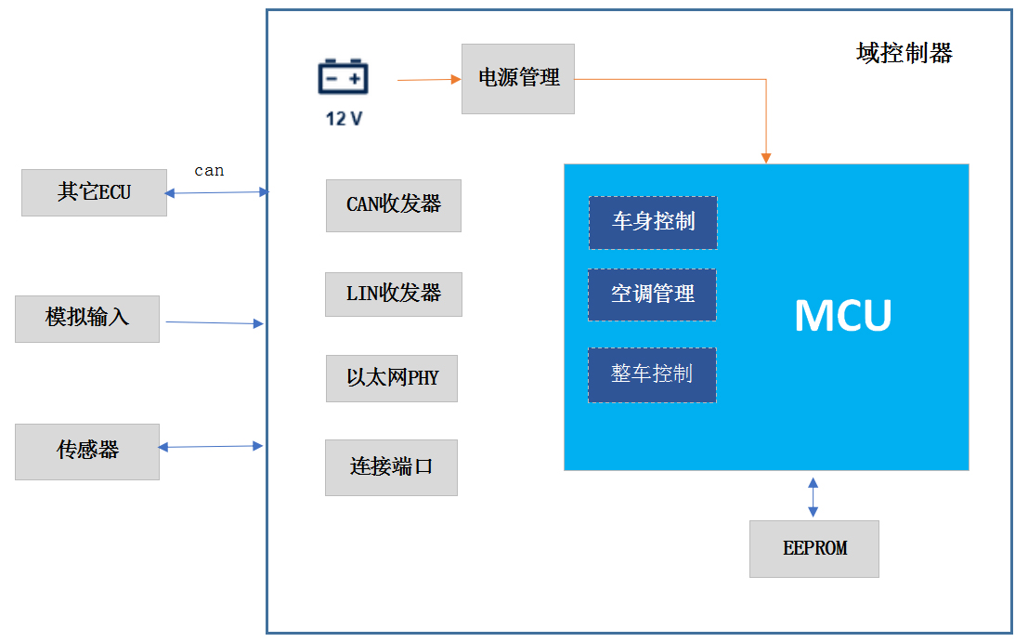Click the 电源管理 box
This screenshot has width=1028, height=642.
click(x=518, y=79)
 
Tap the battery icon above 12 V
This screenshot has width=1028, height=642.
click(x=344, y=77)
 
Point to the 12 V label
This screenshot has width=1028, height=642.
click(x=344, y=119)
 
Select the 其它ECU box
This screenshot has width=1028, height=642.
click(x=94, y=192)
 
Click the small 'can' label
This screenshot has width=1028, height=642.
click(x=209, y=171)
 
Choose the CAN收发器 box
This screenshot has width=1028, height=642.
click(x=393, y=205)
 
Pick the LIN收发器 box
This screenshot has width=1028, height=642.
click(x=393, y=295)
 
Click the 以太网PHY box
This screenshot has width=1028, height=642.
click(x=392, y=378)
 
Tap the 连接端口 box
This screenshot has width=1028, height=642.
click(x=391, y=467)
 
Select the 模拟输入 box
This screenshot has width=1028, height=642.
click(x=87, y=319)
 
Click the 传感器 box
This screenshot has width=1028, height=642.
click(x=87, y=452)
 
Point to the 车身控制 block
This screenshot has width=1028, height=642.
click(x=653, y=223)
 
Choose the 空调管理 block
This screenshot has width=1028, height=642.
click(x=652, y=295)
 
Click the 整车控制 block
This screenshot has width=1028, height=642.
click(x=652, y=374)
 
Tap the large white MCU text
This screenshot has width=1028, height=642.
click(x=842, y=316)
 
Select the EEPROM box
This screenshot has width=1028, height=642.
click(x=814, y=549)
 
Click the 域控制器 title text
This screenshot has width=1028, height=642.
click(x=904, y=54)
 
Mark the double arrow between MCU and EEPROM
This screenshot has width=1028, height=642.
click(x=813, y=496)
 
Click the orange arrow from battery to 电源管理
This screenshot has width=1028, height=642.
click(x=429, y=80)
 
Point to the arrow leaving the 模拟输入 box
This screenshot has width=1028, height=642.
click(x=214, y=322)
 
